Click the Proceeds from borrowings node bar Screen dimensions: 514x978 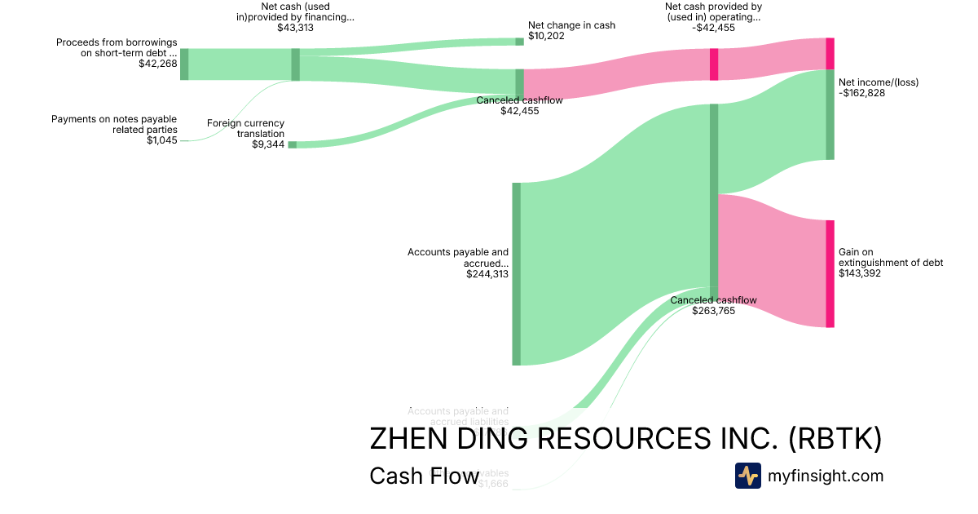[184, 64]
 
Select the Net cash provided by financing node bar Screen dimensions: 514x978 [296, 64]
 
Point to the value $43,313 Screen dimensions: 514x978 [295, 28]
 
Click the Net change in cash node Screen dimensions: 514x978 [519, 42]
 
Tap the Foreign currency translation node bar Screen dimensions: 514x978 [292, 144]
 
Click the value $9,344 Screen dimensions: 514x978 [268, 144]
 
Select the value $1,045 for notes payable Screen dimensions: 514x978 [161, 140]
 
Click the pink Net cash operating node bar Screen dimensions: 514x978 [714, 64]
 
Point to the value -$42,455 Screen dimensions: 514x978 [713, 28]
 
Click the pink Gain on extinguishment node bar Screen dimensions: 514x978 [830, 273]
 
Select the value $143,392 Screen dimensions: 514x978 [859, 273]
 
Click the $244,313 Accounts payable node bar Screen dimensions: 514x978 [516, 274]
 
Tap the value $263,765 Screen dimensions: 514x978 [713, 311]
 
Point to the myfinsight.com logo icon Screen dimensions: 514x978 [747, 476]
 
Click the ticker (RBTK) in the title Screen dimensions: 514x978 [835, 439]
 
